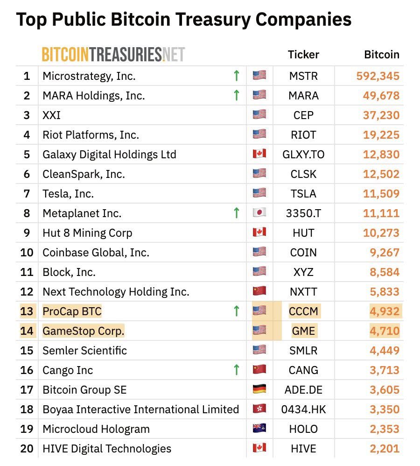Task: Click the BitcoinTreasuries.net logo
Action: [113, 54]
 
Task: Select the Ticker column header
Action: [303, 55]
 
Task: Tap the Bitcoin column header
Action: [381, 55]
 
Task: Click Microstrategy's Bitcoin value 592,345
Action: [378, 76]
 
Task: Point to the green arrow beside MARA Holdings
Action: [237, 95]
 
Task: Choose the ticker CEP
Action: [303, 115]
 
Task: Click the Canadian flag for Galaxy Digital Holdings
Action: [259, 154]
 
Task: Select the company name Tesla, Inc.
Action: [68, 193]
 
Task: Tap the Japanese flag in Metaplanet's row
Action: [259, 213]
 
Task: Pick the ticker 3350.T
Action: [303, 213]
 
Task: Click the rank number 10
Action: [27, 253]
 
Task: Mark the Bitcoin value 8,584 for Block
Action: [385, 272]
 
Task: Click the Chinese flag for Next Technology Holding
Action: [259, 291]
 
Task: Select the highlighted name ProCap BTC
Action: [72, 311]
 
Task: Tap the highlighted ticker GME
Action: [303, 331]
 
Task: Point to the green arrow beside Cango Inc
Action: [237, 370]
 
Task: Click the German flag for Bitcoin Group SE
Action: [259, 389]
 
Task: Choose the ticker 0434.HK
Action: [303, 410]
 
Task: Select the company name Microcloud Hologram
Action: [96, 429]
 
